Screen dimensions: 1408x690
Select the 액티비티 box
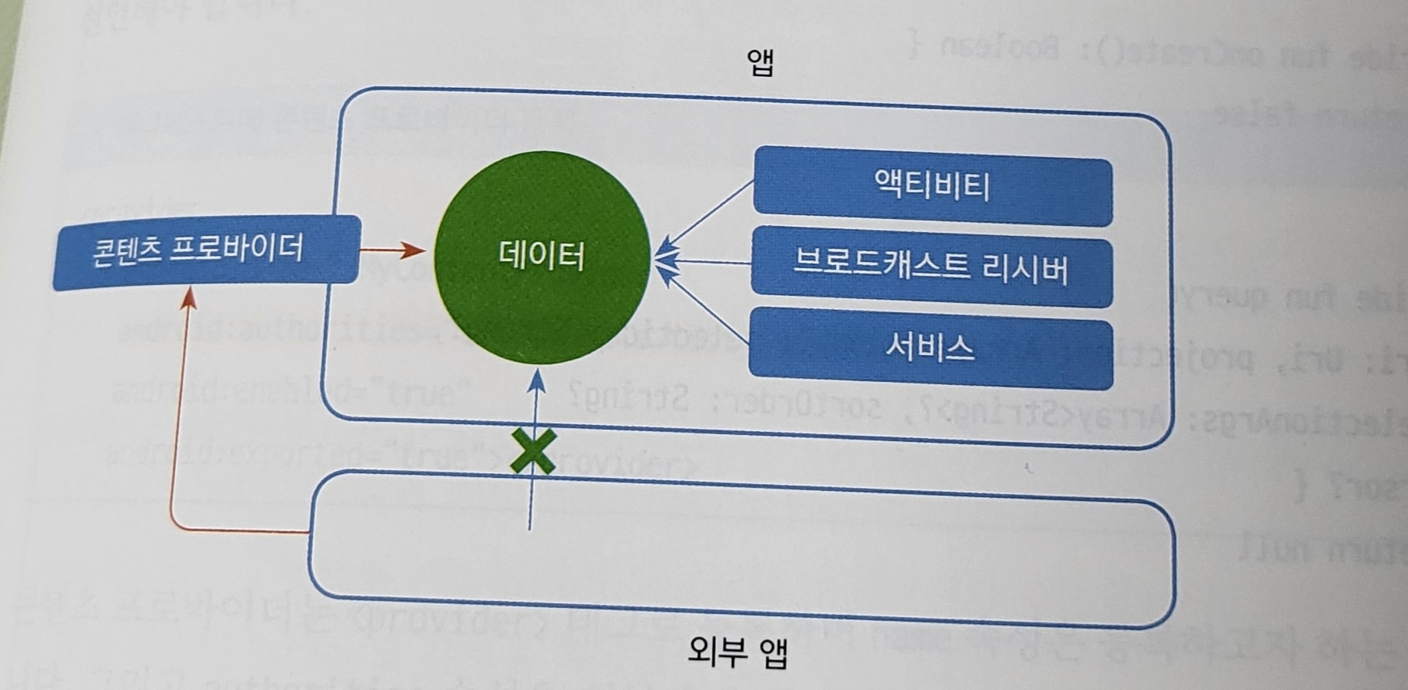[932, 187]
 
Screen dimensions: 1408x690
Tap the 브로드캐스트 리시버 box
[931, 269]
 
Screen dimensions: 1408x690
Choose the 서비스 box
[930, 348]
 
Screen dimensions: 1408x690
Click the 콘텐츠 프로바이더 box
[206, 250]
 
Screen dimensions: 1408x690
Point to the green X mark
[533, 451]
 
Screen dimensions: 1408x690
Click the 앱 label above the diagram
[760, 61]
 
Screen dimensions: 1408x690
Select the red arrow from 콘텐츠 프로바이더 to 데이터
[392, 250]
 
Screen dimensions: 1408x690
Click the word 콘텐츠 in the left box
[125, 252]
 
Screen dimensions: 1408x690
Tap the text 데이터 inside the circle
[541, 255]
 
